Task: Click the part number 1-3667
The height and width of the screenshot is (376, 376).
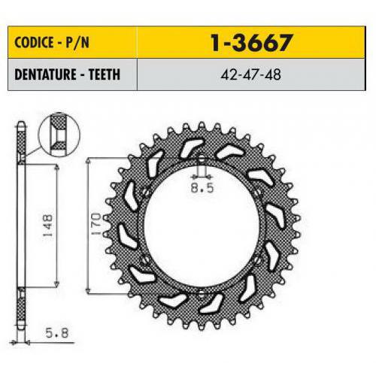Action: click(251, 43)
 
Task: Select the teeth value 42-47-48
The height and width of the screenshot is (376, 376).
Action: click(250, 74)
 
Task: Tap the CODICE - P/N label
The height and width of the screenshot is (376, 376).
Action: click(52, 42)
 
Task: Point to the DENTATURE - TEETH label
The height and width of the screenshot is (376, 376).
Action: click(68, 74)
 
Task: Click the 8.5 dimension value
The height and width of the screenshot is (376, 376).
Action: click(202, 187)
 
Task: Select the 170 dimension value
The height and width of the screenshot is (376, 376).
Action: click(96, 224)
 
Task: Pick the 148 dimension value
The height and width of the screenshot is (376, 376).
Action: click(47, 226)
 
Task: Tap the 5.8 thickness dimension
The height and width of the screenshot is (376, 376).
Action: click(57, 333)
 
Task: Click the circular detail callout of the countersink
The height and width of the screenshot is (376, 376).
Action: click(59, 135)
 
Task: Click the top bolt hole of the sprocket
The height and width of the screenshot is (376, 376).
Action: click(202, 159)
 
